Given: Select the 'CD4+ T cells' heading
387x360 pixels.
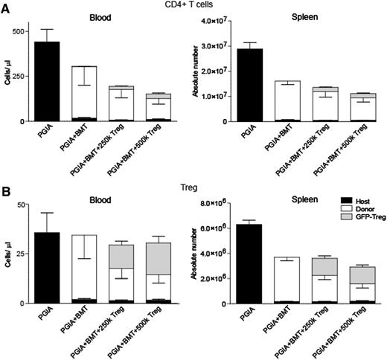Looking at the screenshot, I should (x=193, y=6).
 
